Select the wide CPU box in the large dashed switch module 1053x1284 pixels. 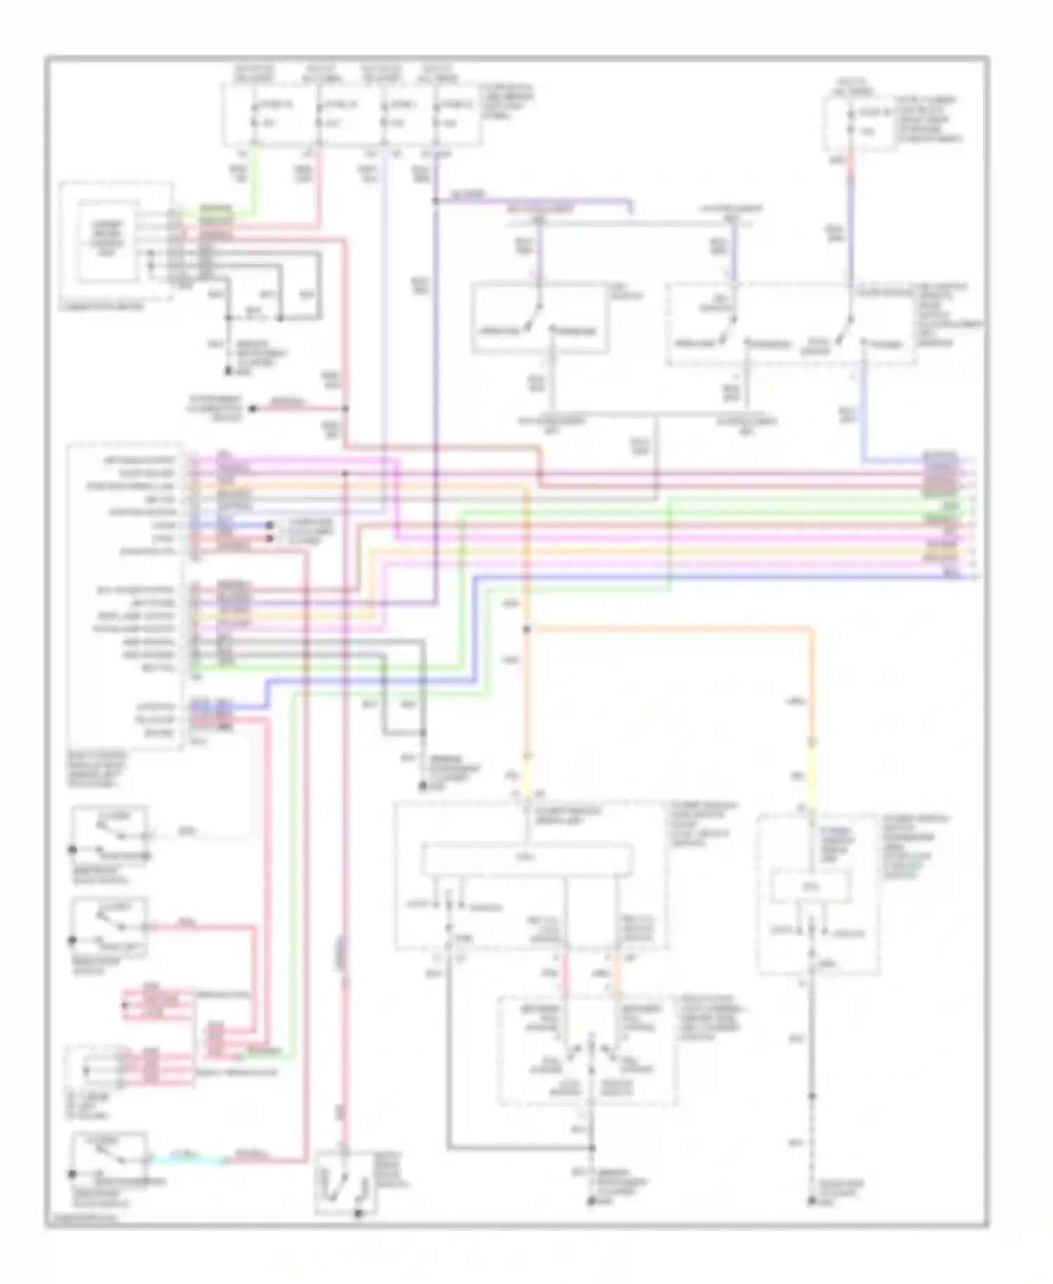click(526, 859)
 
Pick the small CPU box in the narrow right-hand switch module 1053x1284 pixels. click(811, 886)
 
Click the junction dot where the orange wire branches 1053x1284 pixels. click(527, 629)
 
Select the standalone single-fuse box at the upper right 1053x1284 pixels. click(860, 124)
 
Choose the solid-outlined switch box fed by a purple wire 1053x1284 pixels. click(539, 318)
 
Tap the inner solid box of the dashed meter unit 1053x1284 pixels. click(107, 240)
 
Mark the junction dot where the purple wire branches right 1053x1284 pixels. click(435, 202)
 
